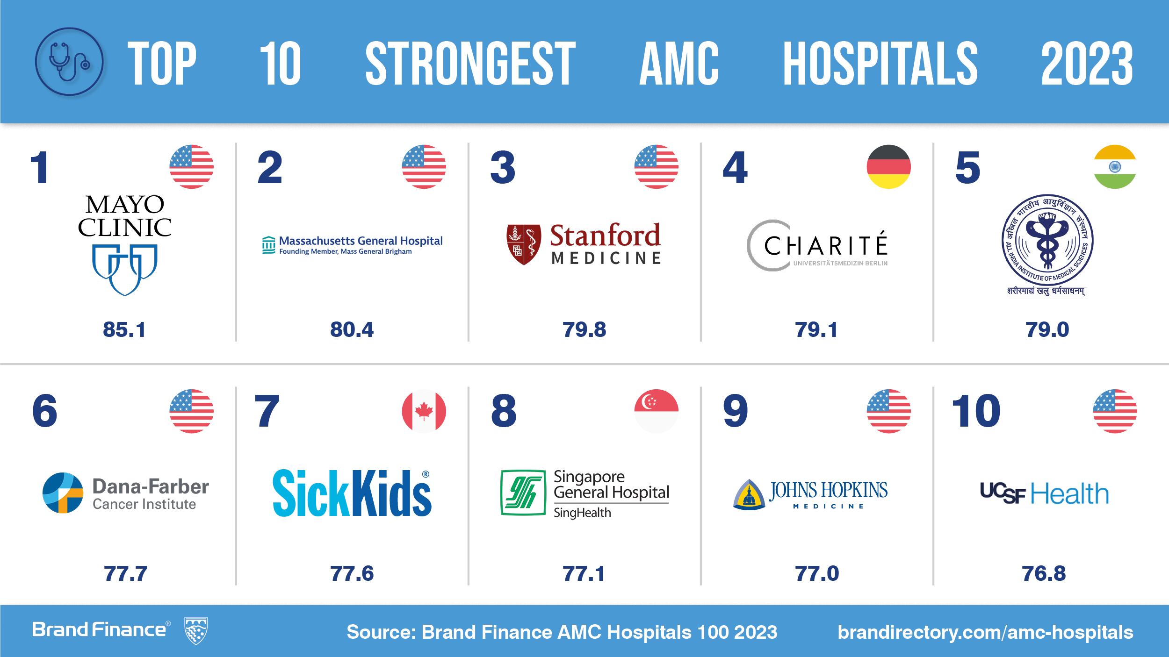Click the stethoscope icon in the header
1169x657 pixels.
point(69,62)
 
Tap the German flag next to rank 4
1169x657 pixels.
point(888,167)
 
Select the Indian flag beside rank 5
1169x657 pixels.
point(1115,167)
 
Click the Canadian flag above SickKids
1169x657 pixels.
point(424,411)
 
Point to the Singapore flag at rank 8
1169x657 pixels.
point(656,411)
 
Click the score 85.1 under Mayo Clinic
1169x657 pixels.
point(124,330)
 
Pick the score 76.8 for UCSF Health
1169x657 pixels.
point(1044,574)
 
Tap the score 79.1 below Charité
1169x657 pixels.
point(816,330)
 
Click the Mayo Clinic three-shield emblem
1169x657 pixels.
point(124,269)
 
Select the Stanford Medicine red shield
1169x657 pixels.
point(524,244)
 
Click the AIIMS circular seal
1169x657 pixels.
point(1047,241)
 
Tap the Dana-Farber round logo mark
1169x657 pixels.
point(63,493)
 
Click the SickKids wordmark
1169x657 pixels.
point(352,493)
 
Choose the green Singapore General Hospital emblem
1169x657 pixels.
point(523,493)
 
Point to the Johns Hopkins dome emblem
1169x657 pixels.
point(750,494)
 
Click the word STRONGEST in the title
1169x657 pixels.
point(470,64)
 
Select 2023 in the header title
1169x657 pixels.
point(1087,64)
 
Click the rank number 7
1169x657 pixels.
point(267,411)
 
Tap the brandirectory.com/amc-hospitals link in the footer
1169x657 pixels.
point(985,632)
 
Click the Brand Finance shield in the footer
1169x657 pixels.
point(196,630)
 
